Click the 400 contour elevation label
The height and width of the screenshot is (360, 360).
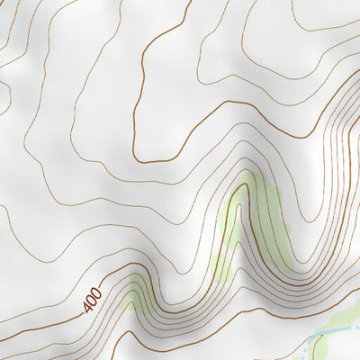click(x=91, y=301)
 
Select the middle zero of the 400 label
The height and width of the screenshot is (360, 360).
click(x=91, y=300)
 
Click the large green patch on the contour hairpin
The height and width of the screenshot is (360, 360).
click(x=256, y=225)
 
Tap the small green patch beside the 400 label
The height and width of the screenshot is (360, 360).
click(x=135, y=290)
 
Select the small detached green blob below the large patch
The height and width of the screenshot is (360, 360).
click(x=220, y=266)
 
